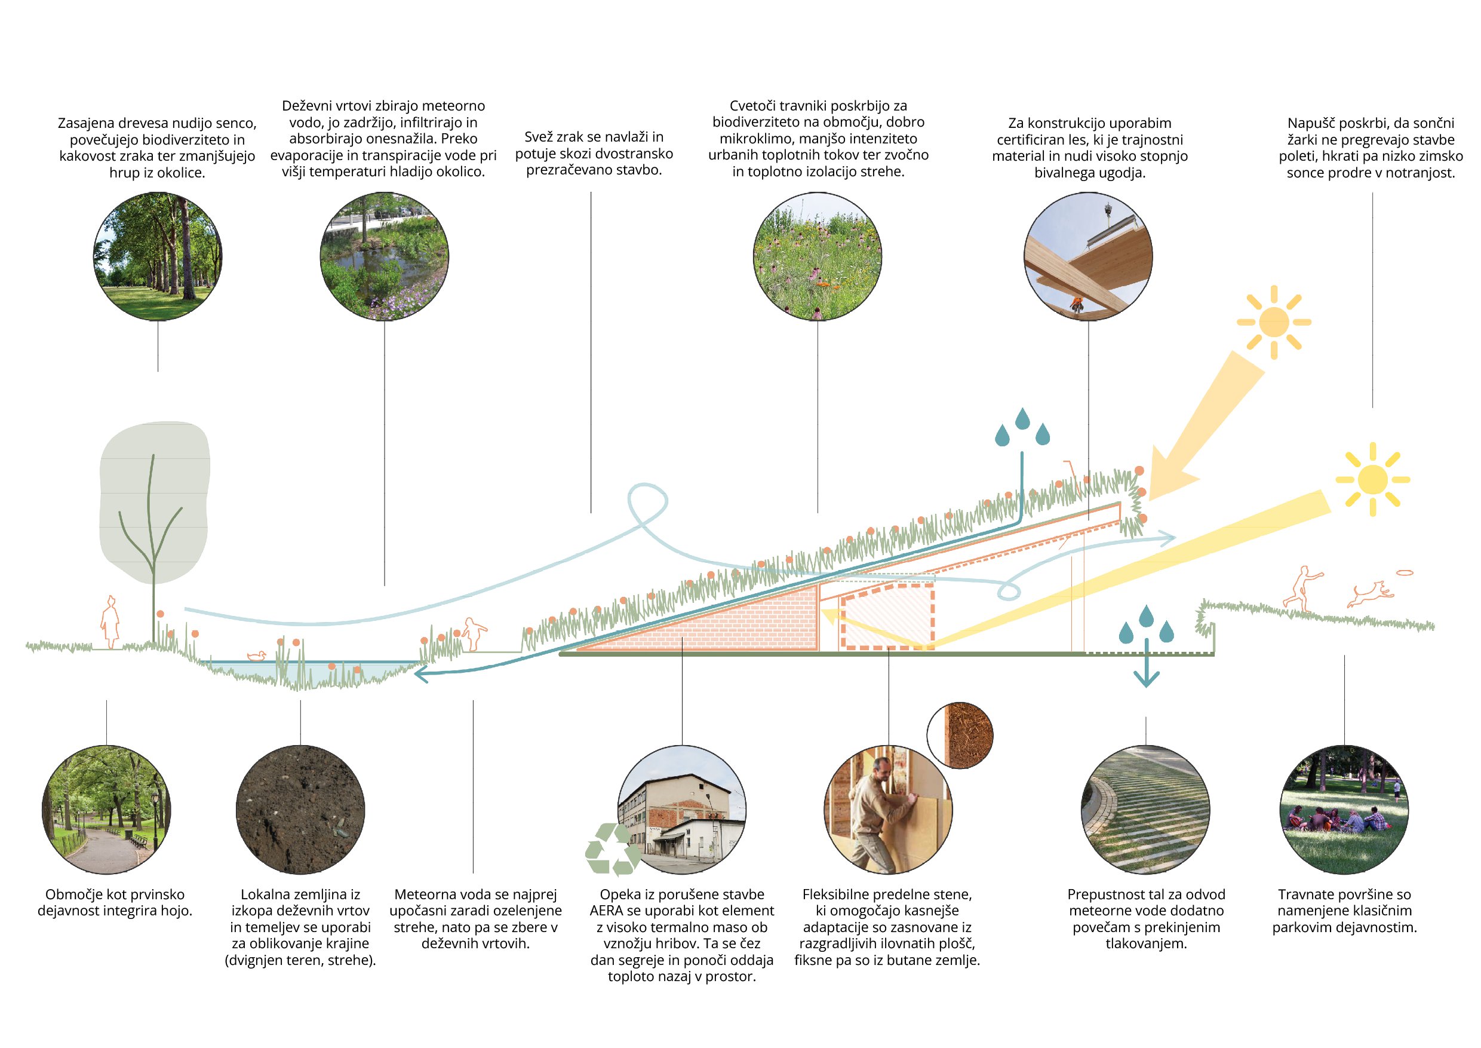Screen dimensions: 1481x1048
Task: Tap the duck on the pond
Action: [x=257, y=655]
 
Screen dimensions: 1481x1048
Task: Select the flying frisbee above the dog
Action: [x=1405, y=572]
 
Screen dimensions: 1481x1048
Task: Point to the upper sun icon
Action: [x=1273, y=322]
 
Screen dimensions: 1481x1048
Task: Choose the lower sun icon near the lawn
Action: [x=1373, y=479]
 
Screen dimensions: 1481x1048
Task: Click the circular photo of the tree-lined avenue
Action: [x=158, y=256]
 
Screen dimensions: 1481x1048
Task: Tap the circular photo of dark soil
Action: [x=300, y=810]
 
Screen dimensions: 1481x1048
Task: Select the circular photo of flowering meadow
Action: [x=818, y=256]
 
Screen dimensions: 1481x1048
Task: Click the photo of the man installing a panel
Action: [x=888, y=810]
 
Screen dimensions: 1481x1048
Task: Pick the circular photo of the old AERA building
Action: [x=682, y=810]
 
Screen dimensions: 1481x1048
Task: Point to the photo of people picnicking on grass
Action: [x=1344, y=810]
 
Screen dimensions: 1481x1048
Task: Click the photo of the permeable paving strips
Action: [x=1145, y=810]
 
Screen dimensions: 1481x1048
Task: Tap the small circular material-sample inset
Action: [x=960, y=736]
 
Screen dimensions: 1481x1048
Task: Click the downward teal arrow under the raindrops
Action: [x=1146, y=663]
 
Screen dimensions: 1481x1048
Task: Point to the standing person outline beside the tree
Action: [x=111, y=622]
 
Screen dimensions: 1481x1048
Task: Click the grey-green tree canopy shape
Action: [x=154, y=501]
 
